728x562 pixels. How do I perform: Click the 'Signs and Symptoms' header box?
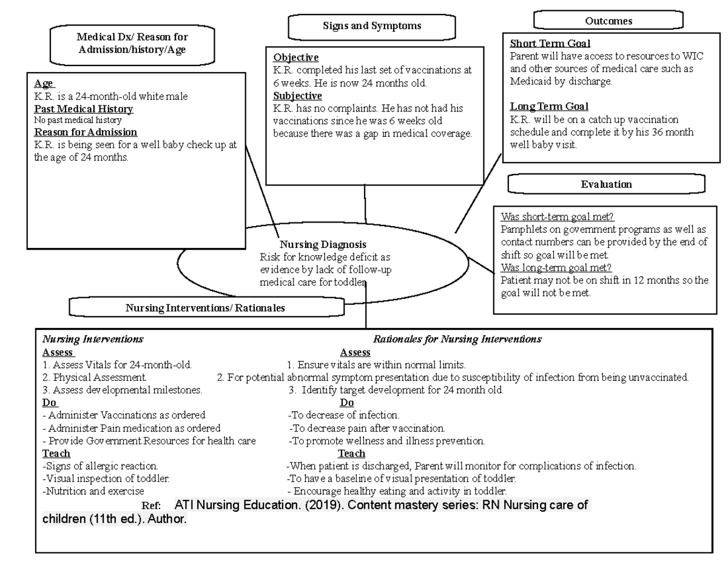coord(371,26)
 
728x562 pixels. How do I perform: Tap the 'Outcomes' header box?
coord(608,21)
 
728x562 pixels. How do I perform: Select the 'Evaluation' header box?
coord(605,184)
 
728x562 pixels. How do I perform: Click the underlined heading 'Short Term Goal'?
coord(550,44)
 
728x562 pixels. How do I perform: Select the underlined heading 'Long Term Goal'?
coord(549,107)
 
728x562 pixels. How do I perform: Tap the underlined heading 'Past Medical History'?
coord(84,109)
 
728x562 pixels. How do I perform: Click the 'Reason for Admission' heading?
coord(86,132)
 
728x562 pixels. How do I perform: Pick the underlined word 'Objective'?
coord(295,58)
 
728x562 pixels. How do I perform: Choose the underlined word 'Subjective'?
coord(297,96)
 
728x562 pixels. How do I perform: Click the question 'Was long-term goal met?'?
coord(556,268)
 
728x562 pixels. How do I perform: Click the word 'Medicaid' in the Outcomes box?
coord(529,81)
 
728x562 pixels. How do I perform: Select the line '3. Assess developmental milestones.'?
coord(123,390)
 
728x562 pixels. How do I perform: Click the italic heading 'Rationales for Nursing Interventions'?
coord(457,340)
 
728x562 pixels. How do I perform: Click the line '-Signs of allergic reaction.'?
coord(101,466)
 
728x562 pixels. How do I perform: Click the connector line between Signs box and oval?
coord(365,204)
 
